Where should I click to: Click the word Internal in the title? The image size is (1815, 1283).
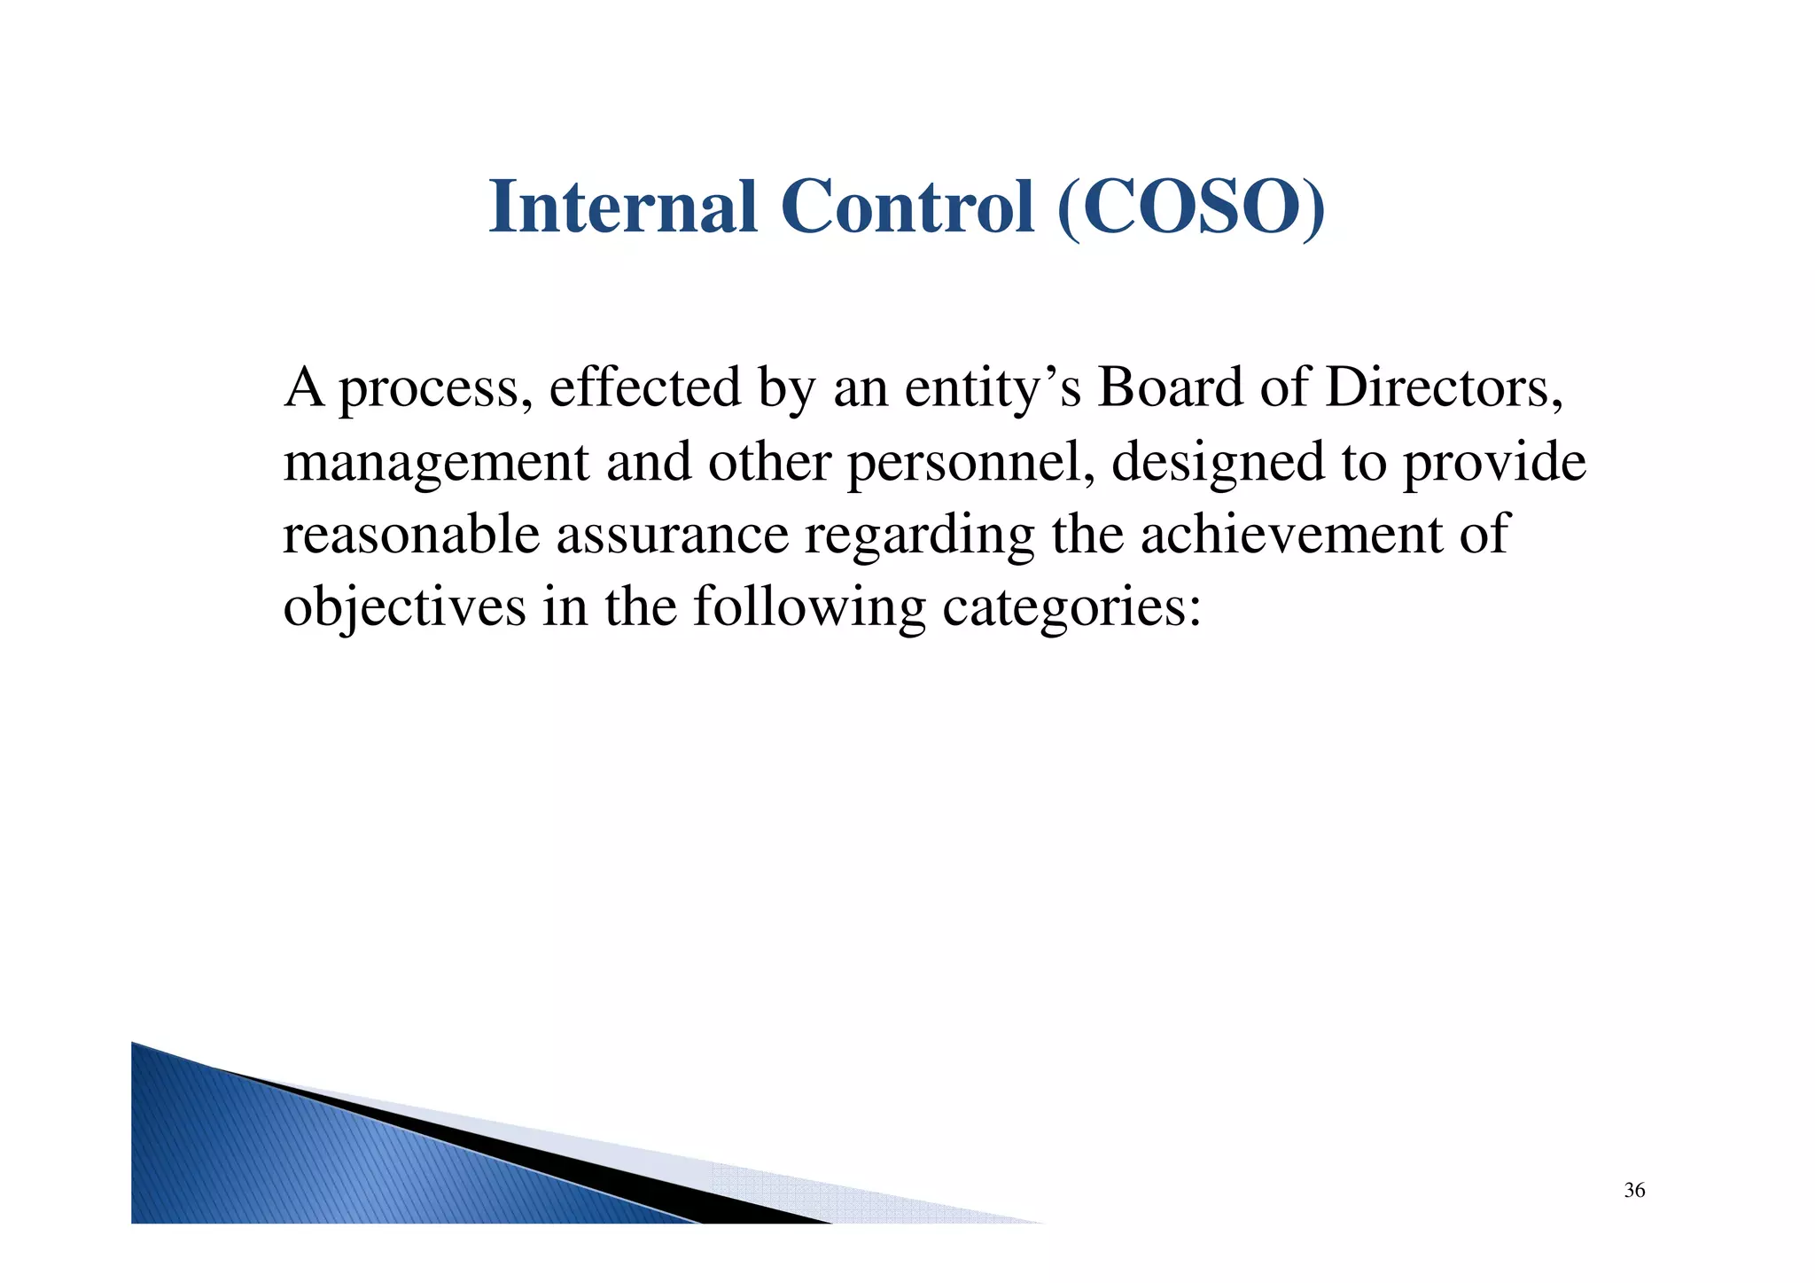click(x=622, y=207)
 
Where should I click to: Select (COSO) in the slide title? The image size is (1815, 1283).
click(x=1191, y=208)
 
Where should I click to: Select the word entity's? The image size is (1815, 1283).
click(x=992, y=389)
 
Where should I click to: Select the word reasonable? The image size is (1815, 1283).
click(x=411, y=535)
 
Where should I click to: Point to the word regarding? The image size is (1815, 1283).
click(x=919, y=536)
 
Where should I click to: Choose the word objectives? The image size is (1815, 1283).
click(x=404, y=609)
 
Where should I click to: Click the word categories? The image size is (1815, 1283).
click(x=1071, y=609)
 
